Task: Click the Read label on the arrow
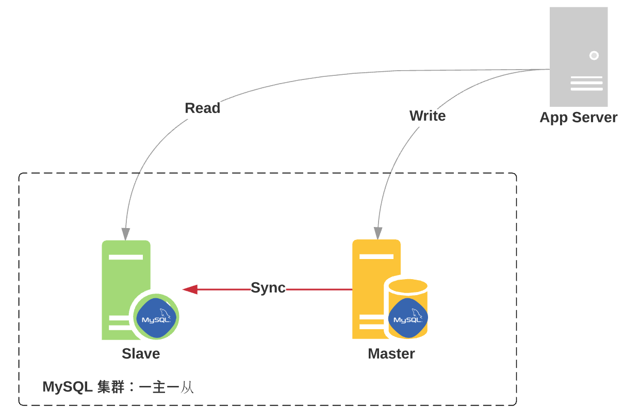[202, 108]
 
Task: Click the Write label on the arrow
[427, 116]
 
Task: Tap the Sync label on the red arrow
[268, 288]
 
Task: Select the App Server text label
[578, 118]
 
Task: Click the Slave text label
[141, 354]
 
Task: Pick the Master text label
[391, 354]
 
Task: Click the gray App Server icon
[578, 57]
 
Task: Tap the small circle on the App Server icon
[594, 55]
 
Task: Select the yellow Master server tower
[371, 279]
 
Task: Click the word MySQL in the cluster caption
[67, 387]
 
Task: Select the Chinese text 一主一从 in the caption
[166, 387]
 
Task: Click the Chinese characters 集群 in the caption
[111, 387]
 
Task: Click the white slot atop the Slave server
[125, 257]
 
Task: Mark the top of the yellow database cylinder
[408, 286]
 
